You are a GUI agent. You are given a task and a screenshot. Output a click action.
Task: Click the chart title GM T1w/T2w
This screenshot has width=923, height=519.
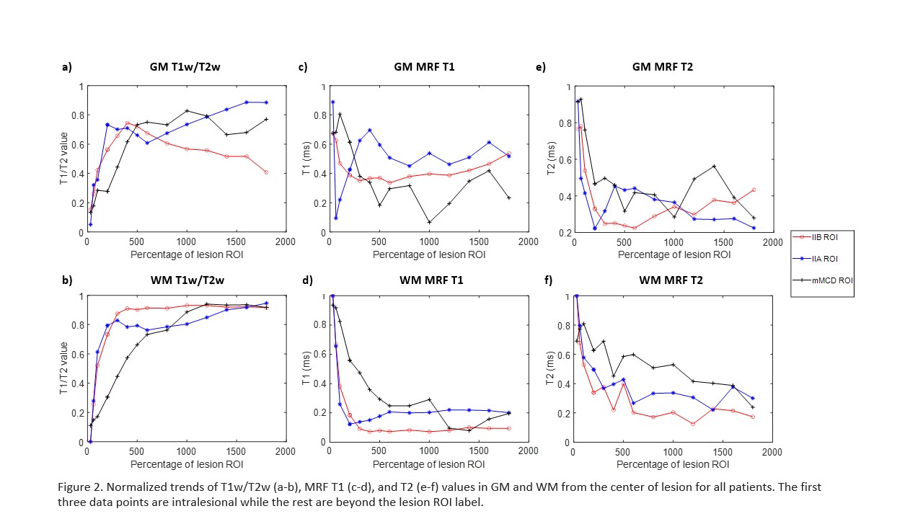coord(185,68)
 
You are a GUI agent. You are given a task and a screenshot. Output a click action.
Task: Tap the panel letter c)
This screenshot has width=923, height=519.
coord(303,68)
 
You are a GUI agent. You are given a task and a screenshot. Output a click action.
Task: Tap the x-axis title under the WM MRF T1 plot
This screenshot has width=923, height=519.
coord(428,464)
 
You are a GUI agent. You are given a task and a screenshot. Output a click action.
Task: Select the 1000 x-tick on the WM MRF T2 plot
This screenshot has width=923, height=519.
coord(673,453)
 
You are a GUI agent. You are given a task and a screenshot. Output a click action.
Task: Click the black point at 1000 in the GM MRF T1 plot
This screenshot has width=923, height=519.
coord(428,222)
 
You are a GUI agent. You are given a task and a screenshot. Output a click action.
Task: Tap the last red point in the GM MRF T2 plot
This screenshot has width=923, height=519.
coord(753,190)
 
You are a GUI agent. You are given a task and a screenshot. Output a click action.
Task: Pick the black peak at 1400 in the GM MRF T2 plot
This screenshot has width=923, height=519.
coord(713,166)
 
